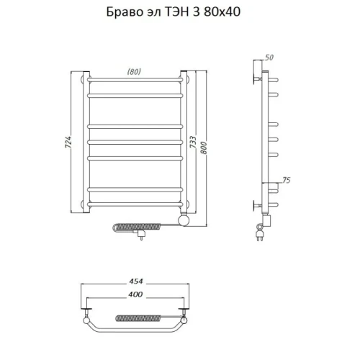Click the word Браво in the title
click(124, 12)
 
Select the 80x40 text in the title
click(222, 12)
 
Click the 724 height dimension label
click(68, 142)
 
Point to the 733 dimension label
click(193, 142)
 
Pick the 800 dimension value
click(203, 148)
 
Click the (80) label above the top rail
click(134, 71)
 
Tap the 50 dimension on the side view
click(269, 58)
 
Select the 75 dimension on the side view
click(287, 180)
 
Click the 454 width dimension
click(136, 281)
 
